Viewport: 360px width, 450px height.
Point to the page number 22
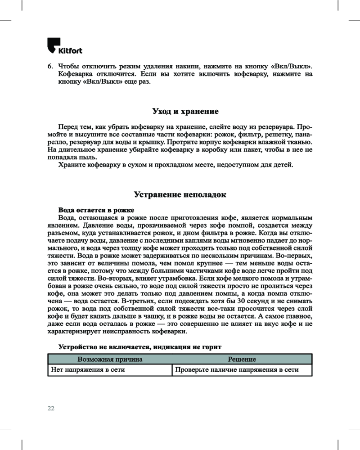tap(51, 408)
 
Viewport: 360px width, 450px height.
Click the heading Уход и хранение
tap(185, 111)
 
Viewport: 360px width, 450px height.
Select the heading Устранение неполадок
tap(180, 194)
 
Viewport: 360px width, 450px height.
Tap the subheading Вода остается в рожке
tap(96, 210)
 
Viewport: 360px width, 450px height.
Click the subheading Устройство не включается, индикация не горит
tap(139, 347)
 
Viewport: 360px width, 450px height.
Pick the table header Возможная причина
tap(110, 360)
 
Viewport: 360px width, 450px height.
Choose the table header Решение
tap(242, 360)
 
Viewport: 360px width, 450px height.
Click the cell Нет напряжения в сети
tap(87, 370)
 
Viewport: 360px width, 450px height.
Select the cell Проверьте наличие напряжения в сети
tap(237, 370)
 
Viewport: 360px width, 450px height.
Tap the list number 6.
tap(50, 66)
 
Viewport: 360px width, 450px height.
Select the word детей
tap(283, 165)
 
